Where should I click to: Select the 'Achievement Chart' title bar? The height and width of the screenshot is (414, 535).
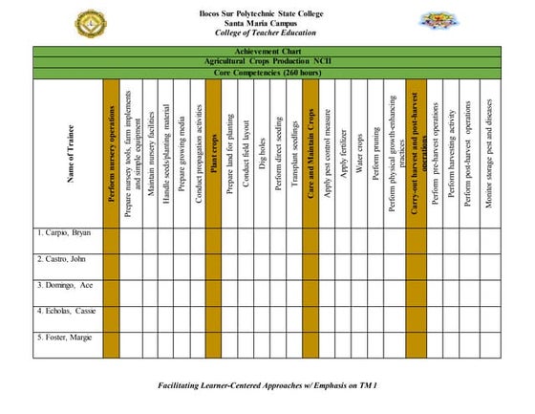[267, 51]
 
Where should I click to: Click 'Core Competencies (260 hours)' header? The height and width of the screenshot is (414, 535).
[267, 72]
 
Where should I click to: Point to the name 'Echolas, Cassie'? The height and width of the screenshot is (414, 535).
[66, 312]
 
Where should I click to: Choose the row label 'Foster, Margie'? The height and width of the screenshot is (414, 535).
[64, 338]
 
